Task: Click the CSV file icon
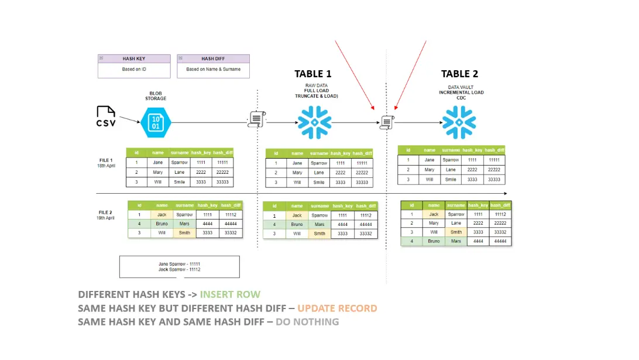click(106, 116)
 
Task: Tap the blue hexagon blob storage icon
click(156, 123)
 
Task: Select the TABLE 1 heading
click(312, 74)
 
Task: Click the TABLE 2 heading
click(459, 74)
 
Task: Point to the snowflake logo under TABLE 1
click(315, 123)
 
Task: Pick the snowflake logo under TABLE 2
click(459, 123)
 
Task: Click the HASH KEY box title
click(134, 59)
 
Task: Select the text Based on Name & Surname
click(213, 69)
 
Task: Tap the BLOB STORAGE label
click(156, 96)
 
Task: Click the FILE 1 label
click(106, 160)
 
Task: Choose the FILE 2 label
click(106, 212)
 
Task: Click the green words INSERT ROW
click(230, 294)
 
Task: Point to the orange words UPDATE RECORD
click(337, 308)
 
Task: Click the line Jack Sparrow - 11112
click(179, 269)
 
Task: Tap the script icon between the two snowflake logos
click(386, 122)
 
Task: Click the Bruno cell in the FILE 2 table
click(162, 224)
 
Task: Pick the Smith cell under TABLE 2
click(456, 232)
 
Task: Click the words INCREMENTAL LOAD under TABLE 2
click(461, 92)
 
